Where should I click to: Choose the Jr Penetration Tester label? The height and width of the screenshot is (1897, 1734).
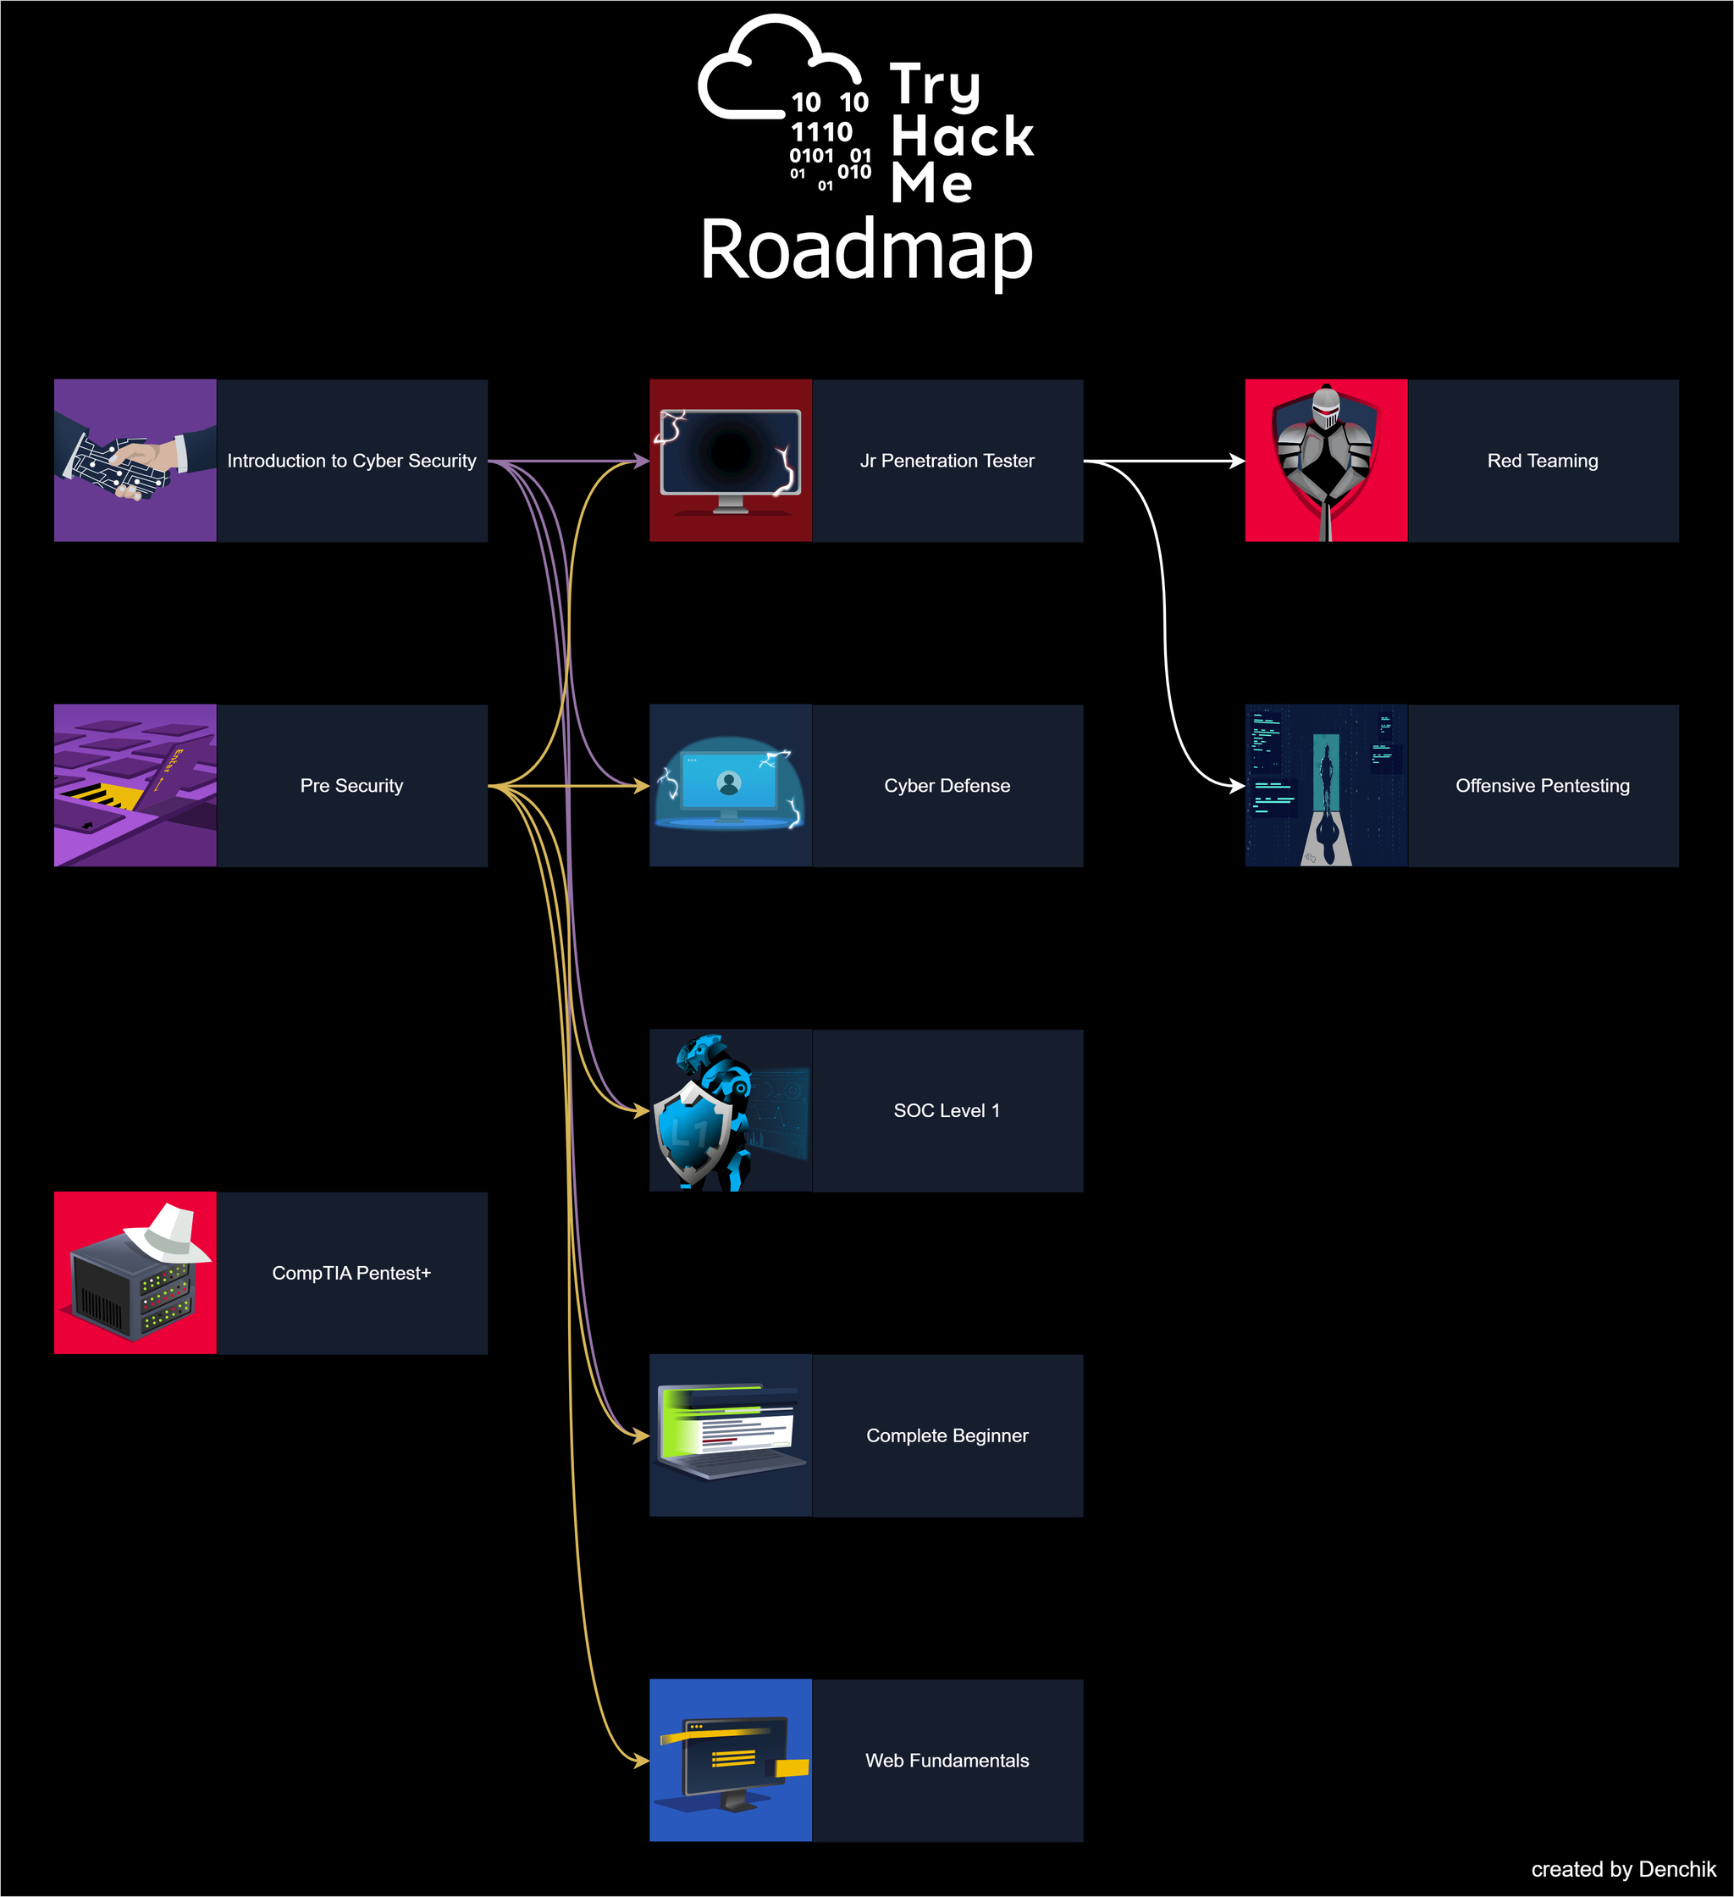point(947,461)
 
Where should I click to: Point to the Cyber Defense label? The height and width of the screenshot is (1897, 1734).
point(947,786)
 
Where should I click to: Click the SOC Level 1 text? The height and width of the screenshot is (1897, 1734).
point(947,1110)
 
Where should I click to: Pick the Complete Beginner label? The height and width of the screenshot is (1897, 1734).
point(947,1436)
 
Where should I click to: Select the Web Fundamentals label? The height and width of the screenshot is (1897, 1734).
point(947,1761)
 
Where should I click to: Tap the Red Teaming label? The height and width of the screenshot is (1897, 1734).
point(1542,461)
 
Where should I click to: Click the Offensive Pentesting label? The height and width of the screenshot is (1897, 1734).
point(1542,786)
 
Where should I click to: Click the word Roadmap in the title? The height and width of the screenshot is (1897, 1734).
point(865,251)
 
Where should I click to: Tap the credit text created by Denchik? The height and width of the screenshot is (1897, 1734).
point(1623,1870)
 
